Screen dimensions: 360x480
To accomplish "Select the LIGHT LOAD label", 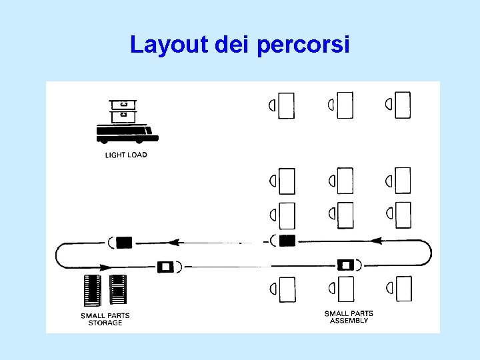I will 126,155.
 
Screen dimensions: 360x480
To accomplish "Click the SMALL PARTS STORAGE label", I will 105,319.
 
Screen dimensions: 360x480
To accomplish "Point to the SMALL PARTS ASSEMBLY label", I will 349,317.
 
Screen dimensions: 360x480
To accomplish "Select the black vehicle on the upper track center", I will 287,241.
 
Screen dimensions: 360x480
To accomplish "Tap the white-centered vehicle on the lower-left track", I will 165,267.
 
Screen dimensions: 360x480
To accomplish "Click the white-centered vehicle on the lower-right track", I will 345,265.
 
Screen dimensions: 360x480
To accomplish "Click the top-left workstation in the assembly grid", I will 286,105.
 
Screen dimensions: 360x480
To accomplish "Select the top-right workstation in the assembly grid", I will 402,105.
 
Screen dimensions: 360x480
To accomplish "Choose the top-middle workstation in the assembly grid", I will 344,105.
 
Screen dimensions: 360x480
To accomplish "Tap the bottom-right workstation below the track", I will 403,289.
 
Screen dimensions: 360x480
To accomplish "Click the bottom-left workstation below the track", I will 286,289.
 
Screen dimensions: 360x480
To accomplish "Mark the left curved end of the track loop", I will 58,255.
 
